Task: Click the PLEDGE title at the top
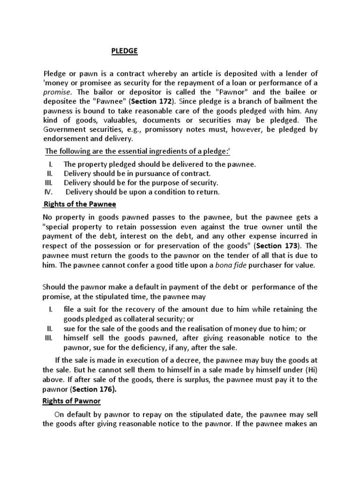tap(125, 51)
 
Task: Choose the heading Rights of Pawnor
tap(72, 402)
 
